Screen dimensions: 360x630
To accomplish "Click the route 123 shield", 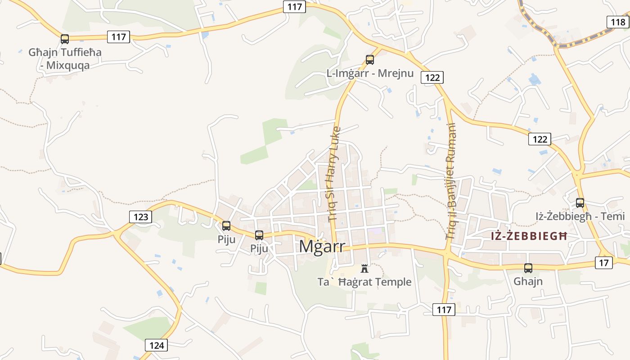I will [141, 217].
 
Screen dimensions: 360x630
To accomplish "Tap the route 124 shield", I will [157, 346].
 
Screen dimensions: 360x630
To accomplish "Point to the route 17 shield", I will [603, 262].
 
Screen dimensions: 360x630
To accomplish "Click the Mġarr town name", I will [322, 247].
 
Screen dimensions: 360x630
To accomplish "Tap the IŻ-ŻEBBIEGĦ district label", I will [528, 236].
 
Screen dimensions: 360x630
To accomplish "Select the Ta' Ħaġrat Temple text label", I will [364, 282].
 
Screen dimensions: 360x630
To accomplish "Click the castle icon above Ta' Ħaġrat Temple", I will [364, 269].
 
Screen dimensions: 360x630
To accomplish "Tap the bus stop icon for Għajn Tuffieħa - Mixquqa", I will [65, 39].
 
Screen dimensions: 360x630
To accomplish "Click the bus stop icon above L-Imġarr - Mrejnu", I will [370, 59].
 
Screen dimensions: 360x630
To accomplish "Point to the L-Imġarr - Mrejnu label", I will [370, 73].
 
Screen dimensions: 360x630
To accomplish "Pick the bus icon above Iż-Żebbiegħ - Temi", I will [580, 202].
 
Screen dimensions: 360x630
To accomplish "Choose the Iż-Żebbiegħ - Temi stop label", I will [580, 216].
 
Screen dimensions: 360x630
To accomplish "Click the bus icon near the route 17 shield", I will [528, 268].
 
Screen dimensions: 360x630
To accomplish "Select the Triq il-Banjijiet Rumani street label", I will [451, 181].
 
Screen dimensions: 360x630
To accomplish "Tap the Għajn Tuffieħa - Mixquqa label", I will [65, 58].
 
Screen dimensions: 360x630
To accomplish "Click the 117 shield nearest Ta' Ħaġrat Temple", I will [444, 310].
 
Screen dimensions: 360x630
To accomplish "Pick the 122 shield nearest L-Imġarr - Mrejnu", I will [432, 77].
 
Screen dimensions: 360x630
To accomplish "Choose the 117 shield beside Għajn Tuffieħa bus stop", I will [119, 36].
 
